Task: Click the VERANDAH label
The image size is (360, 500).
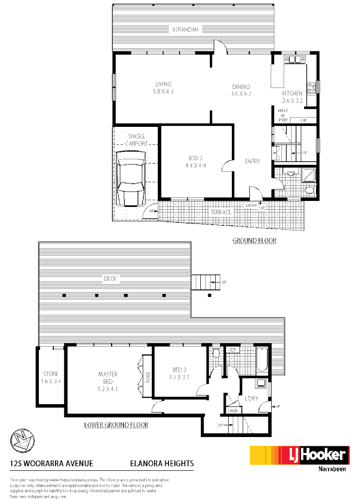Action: (x=185, y=30)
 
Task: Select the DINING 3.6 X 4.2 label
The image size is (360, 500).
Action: (x=241, y=90)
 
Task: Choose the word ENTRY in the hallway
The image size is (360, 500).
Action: (x=253, y=161)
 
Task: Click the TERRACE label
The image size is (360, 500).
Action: (x=221, y=212)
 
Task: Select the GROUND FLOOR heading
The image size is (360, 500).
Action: (x=254, y=241)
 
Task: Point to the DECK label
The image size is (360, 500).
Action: (x=110, y=279)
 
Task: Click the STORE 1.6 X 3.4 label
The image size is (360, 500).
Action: (x=51, y=378)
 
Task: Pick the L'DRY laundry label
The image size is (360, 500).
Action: (x=251, y=398)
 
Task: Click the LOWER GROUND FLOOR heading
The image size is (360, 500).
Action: (x=116, y=425)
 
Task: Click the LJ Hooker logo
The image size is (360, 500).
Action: (x=299, y=456)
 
